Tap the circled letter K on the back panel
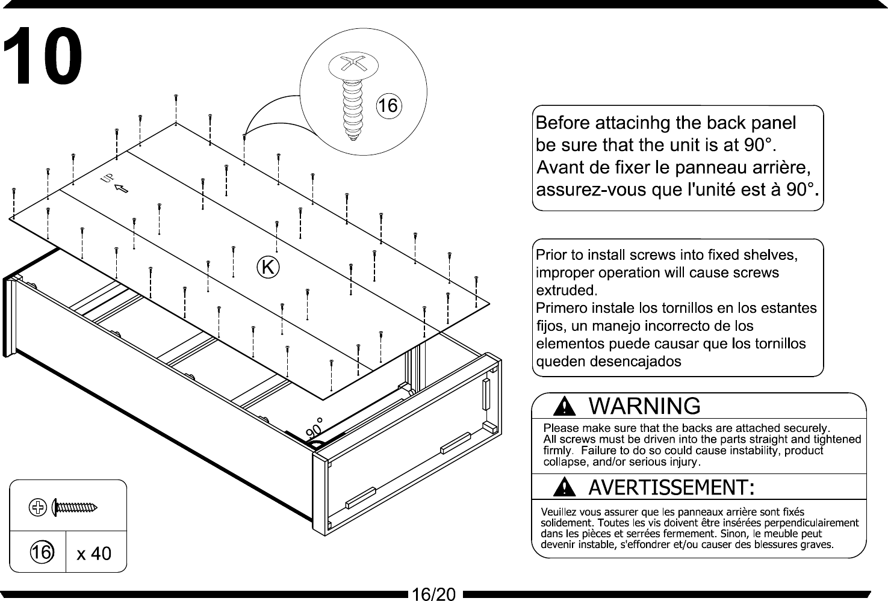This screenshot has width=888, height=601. (268, 267)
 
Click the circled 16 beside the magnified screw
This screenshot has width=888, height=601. (388, 106)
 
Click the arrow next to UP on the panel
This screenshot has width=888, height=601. (122, 189)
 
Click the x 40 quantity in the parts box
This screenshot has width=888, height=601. (94, 553)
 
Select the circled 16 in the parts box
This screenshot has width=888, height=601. (41, 552)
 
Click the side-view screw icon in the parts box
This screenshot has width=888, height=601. (75, 508)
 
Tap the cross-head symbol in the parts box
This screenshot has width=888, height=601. (38, 508)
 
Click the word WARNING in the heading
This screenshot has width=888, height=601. (644, 407)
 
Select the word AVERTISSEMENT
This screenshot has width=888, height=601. (671, 487)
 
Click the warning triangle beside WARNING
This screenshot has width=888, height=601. (564, 408)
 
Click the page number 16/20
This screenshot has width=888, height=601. (433, 594)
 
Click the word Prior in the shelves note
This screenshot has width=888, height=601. (549, 255)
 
